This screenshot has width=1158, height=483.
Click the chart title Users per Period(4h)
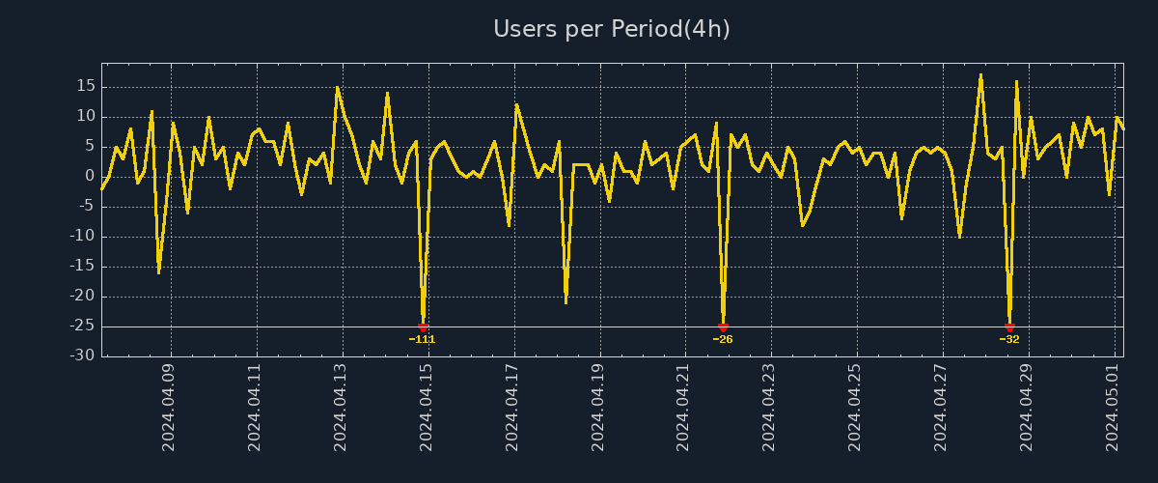[x=612, y=29]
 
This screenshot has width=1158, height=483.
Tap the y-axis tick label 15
[x=85, y=86]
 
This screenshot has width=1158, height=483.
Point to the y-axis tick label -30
[x=82, y=356]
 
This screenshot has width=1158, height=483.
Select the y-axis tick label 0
[x=90, y=176]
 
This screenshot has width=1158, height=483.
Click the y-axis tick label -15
[x=82, y=267]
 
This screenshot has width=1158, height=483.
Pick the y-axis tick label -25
[x=82, y=327]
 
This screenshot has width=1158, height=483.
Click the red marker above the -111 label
[x=423, y=327]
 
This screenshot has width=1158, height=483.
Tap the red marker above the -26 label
[x=723, y=327]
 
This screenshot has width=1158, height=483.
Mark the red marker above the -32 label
[x=1009, y=327]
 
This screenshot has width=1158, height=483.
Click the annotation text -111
[x=423, y=340]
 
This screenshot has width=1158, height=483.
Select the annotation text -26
[x=723, y=340]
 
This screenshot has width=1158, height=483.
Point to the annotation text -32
[x=1009, y=340]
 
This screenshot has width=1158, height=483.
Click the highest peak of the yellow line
[x=980, y=74]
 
